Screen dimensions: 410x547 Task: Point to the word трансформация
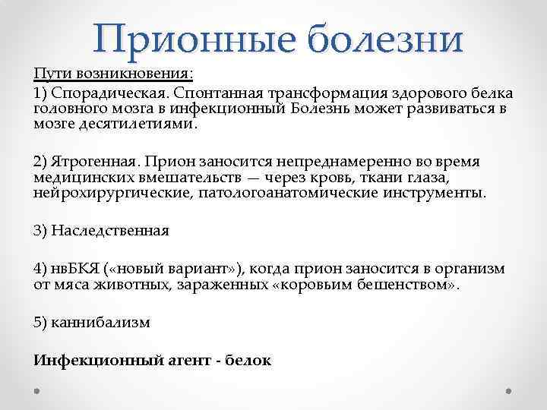pos(313,93)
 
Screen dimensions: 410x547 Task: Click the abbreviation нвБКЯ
pos(71,270)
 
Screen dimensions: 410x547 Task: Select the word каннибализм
pos(100,323)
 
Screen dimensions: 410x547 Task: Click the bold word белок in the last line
pos(248,361)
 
